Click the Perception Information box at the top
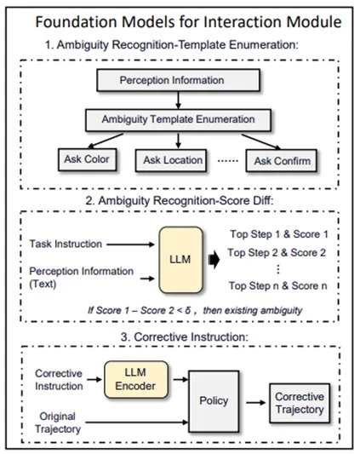178,80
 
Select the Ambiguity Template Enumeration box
178,120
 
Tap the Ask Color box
87,159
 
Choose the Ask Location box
171,160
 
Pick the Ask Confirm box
282,161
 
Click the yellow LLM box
180,260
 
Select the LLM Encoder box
136,379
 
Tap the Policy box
214,401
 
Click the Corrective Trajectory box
300,403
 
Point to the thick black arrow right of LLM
214,260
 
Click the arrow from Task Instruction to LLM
130,244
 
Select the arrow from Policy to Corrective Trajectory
256,402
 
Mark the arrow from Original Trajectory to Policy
137,422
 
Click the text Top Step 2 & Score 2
277,253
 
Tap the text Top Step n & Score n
277,286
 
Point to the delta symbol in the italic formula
188,310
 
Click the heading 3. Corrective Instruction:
185,337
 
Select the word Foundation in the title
76,22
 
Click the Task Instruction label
66,244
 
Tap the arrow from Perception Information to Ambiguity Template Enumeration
178,101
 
